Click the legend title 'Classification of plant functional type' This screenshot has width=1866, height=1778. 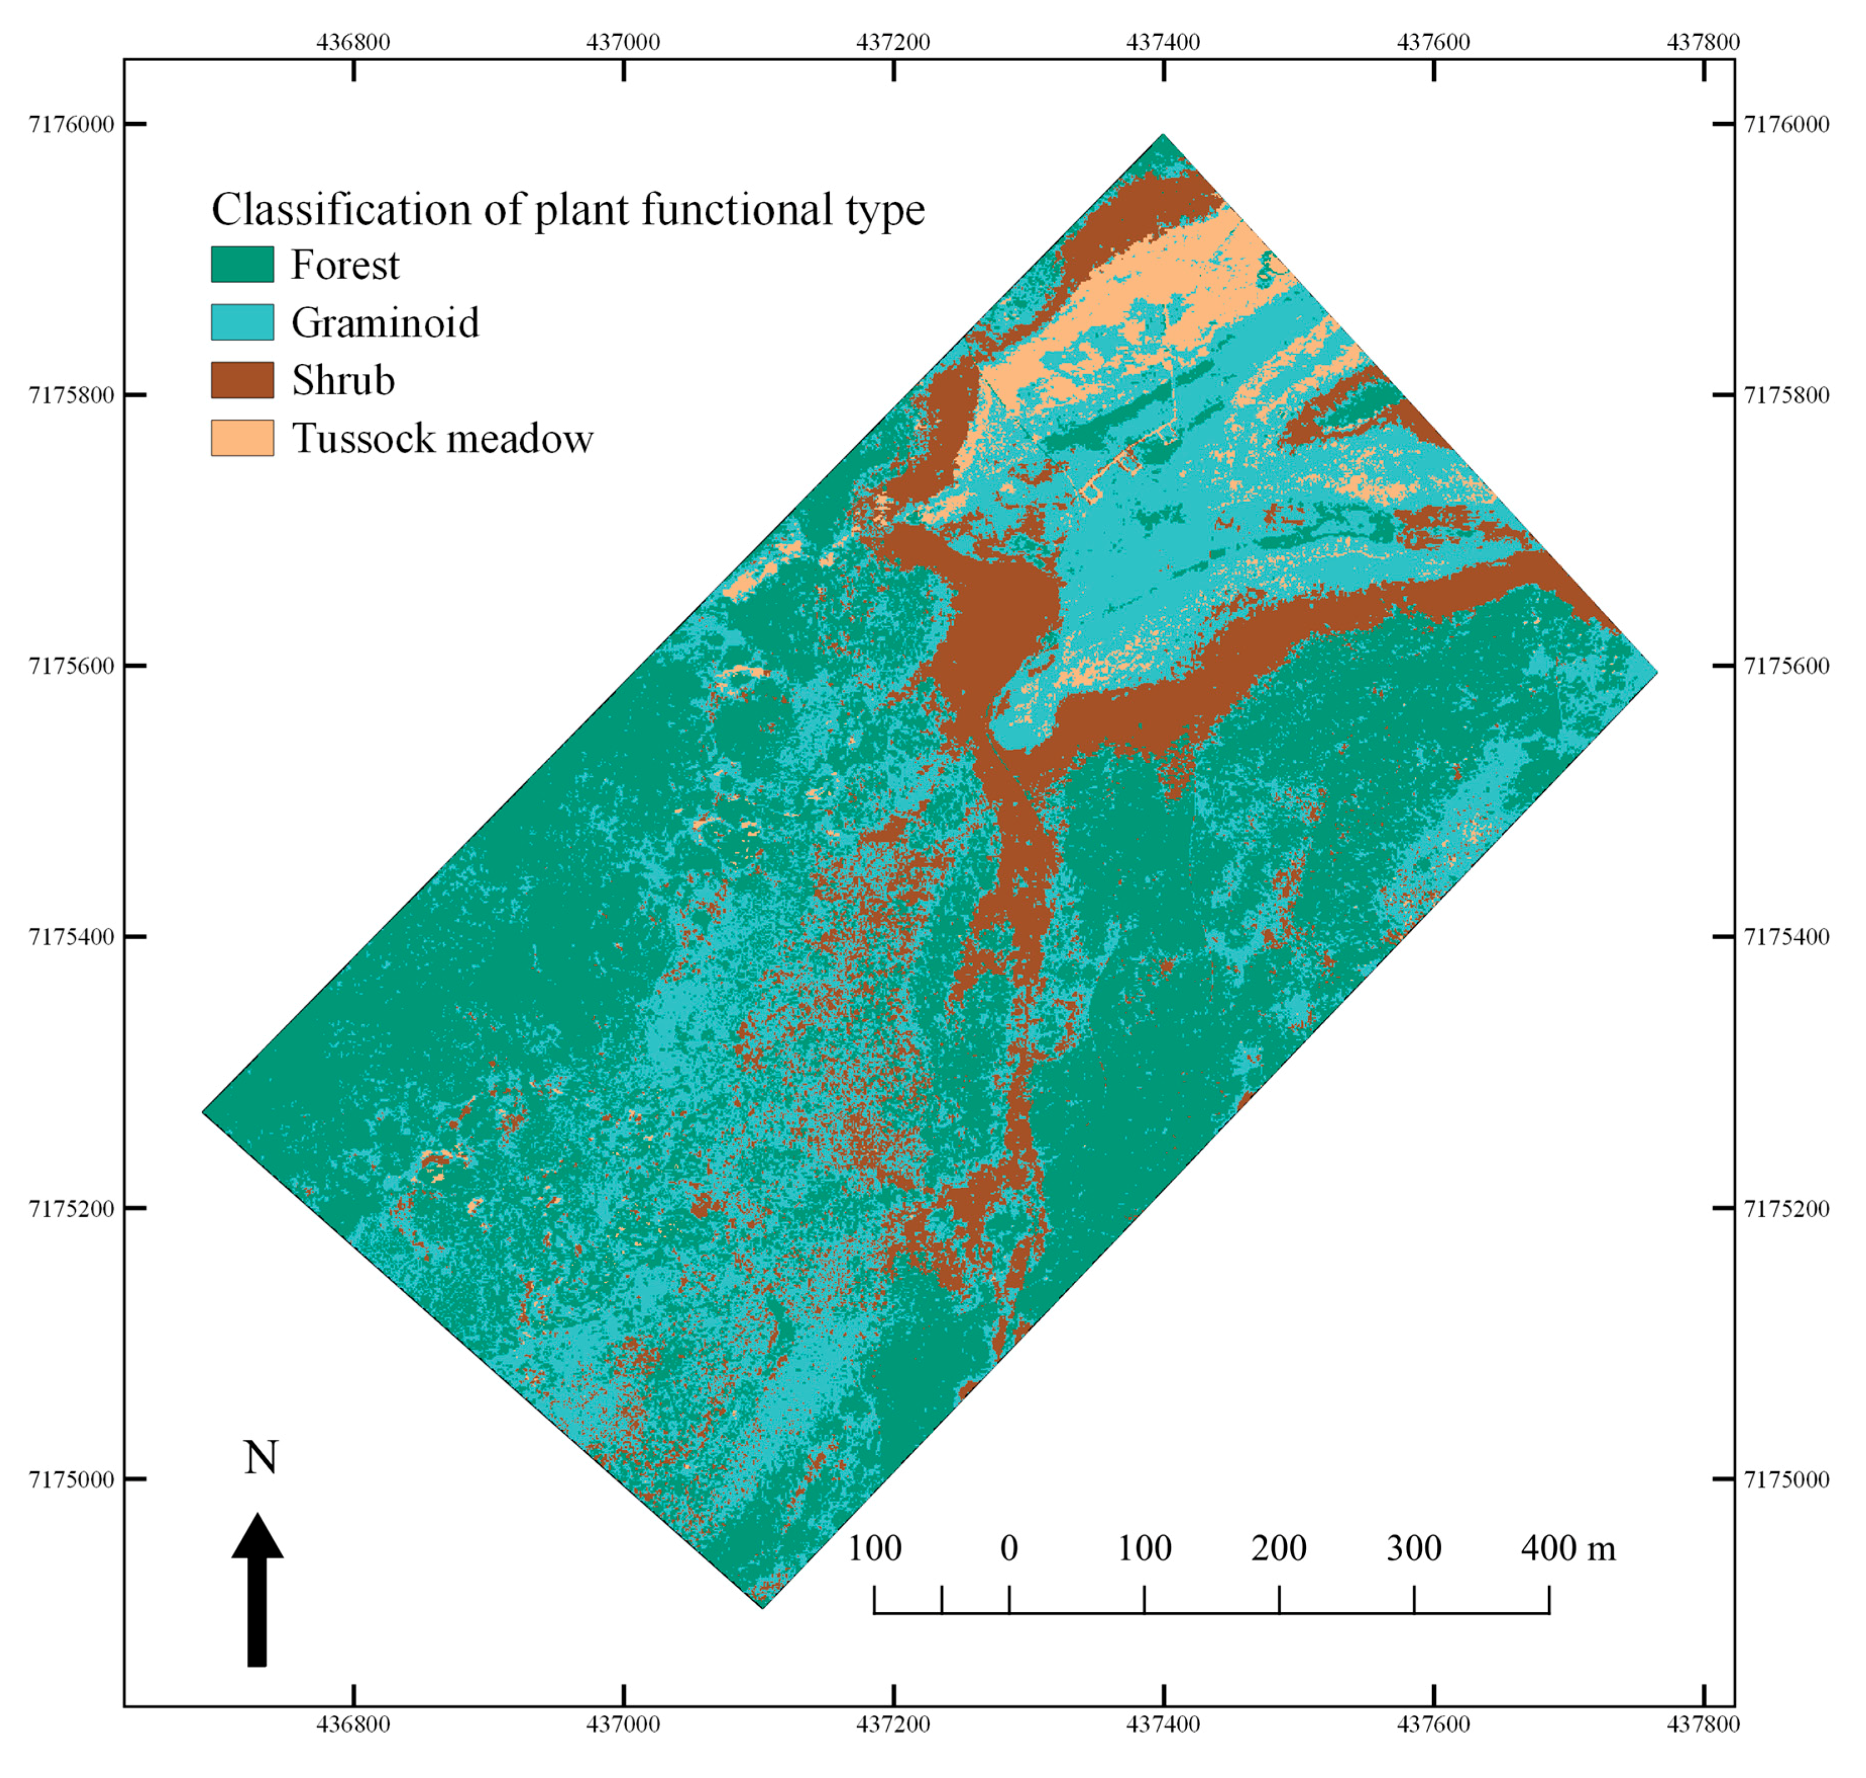tap(568, 210)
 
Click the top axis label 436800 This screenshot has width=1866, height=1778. tap(354, 41)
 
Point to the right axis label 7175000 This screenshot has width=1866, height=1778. tap(1786, 1479)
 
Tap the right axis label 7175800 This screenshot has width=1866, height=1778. tap(1786, 395)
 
